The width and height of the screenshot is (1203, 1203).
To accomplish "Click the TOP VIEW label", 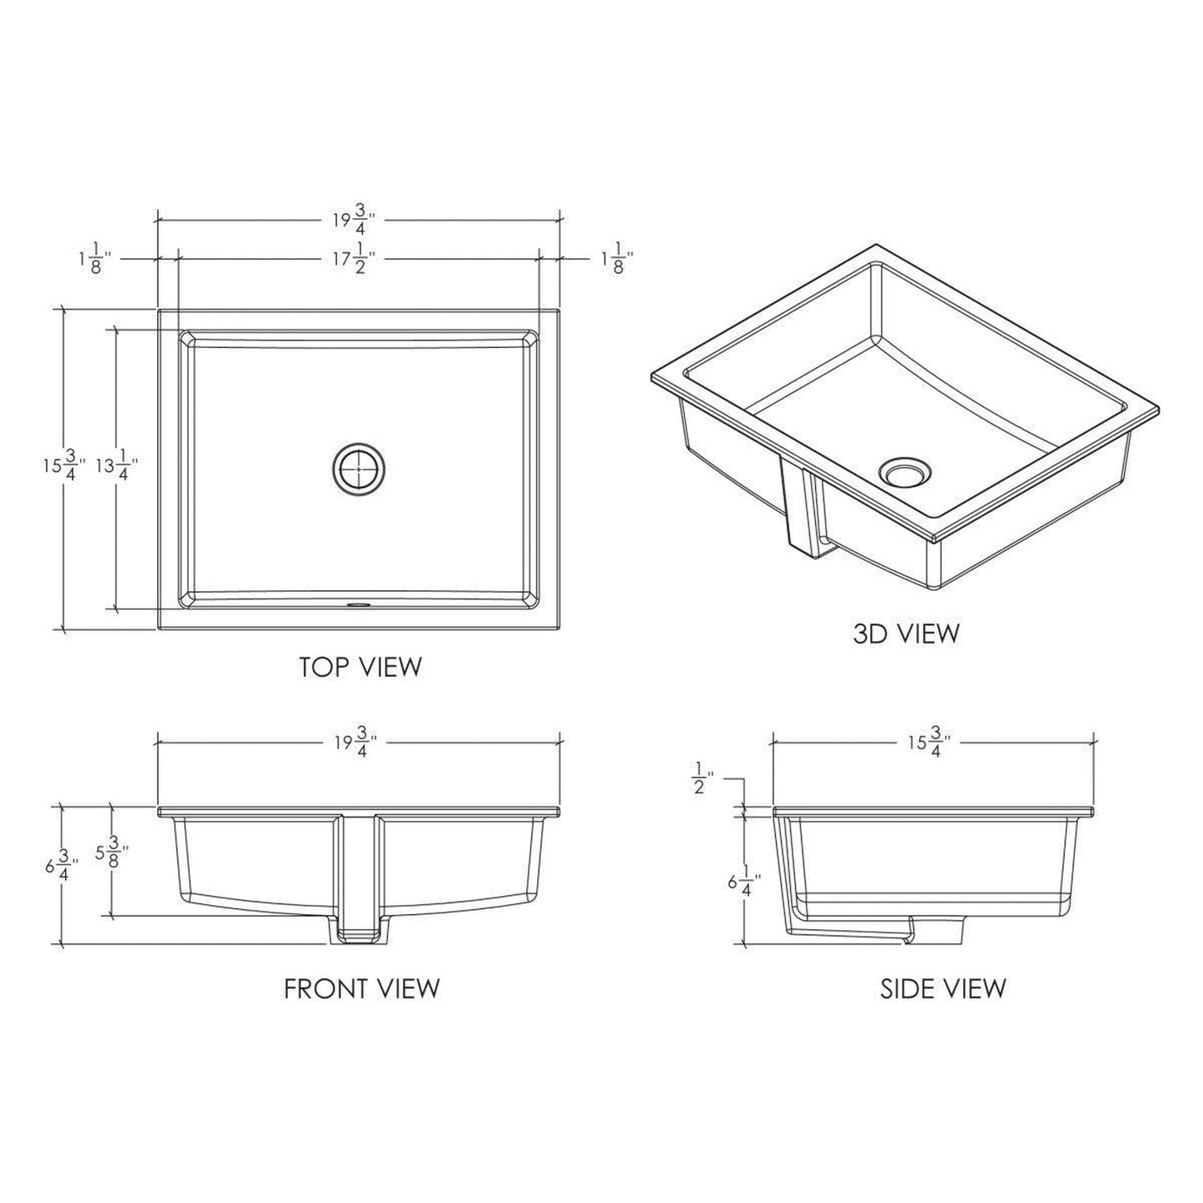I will (x=360, y=667).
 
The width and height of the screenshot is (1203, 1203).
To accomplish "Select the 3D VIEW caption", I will (x=906, y=634).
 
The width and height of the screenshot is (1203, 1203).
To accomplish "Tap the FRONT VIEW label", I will (x=361, y=988).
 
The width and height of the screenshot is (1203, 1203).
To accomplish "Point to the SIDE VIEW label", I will (x=942, y=988).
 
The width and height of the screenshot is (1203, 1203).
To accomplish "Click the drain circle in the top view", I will (x=359, y=470).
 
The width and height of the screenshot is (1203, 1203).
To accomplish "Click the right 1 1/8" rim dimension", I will (x=612, y=259).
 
